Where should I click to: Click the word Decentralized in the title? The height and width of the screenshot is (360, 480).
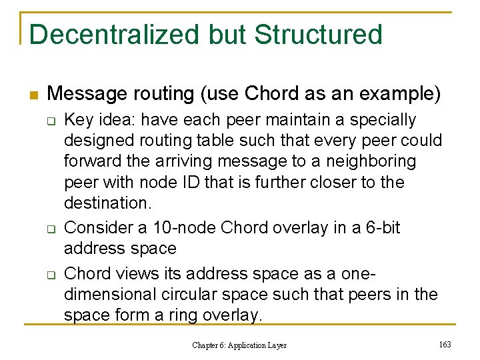pyautogui.click(x=112, y=35)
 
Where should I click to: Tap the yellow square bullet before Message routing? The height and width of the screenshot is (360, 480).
pyautogui.click(x=35, y=94)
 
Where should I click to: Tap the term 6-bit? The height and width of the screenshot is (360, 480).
pyautogui.click(x=381, y=228)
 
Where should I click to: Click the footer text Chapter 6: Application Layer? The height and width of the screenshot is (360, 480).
pyautogui.click(x=239, y=345)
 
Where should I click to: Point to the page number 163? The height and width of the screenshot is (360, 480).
pyautogui.click(x=445, y=344)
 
